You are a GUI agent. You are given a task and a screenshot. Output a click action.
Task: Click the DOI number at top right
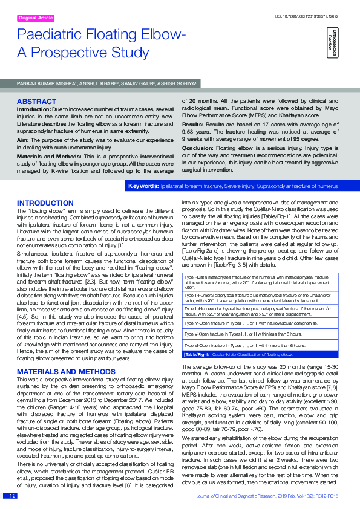pyautogui.click(x=316, y=15)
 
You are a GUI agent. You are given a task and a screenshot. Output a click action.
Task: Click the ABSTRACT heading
pyautogui.click(x=37, y=101)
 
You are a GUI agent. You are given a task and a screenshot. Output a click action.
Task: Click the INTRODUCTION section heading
pyautogui.click(x=45, y=203)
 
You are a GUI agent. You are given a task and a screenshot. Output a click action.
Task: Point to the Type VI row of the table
pyautogui.click(x=261, y=345)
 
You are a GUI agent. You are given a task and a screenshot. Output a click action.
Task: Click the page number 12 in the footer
pyautogui.click(x=11, y=496)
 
